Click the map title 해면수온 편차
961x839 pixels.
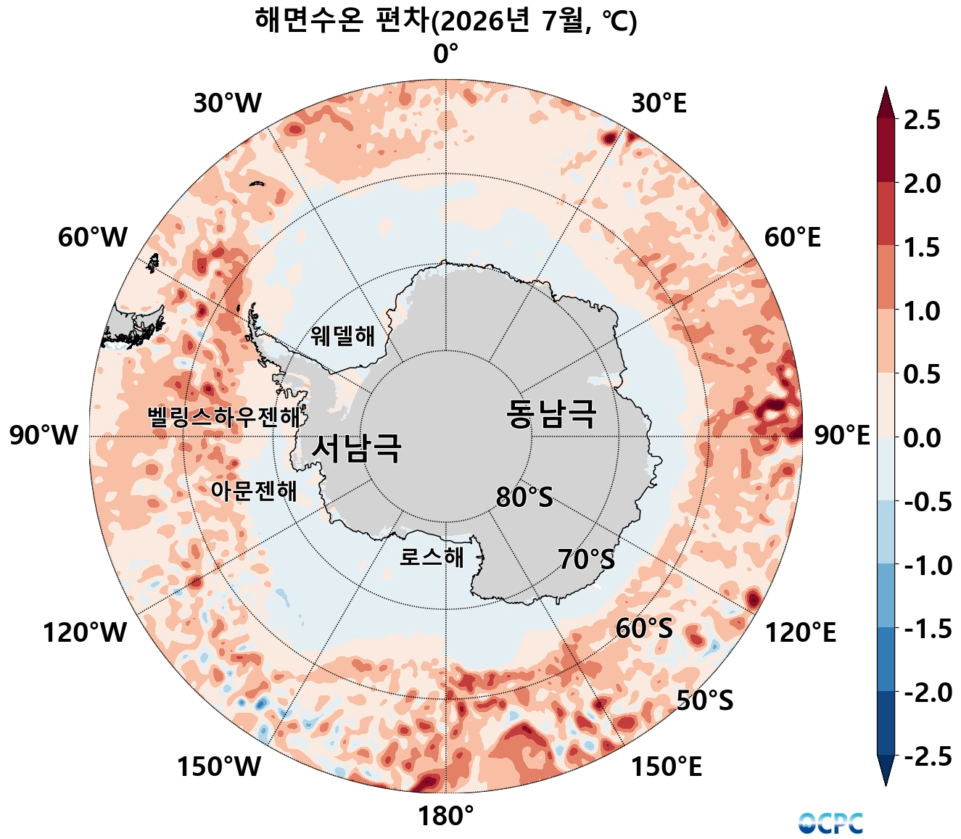[x=342, y=20]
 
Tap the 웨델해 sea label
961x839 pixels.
[x=343, y=335]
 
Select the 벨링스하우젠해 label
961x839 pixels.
[x=223, y=416]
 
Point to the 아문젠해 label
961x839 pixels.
[x=254, y=491]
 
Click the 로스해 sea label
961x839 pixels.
[x=432, y=558]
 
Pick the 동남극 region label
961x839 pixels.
[x=551, y=413]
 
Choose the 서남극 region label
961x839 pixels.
[x=357, y=448]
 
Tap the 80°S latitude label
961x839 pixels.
[x=524, y=497]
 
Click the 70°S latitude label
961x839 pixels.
[x=586, y=560]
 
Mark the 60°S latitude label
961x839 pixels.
[x=644, y=628]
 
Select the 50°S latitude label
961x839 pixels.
[x=704, y=700]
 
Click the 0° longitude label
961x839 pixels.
[x=445, y=53]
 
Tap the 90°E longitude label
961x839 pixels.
[x=842, y=435]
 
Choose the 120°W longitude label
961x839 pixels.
[x=85, y=632]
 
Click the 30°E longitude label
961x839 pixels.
[x=659, y=103]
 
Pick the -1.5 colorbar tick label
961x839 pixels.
[x=928, y=629]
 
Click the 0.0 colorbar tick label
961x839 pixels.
[x=922, y=437]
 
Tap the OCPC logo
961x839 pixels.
[x=830, y=823]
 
